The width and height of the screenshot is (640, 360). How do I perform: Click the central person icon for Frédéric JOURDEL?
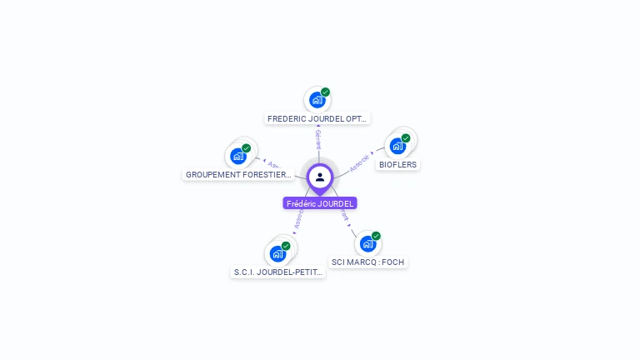pos(320,177)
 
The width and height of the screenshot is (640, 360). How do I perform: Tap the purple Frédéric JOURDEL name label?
pos(320,203)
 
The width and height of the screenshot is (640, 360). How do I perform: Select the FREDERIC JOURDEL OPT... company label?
pos(317,118)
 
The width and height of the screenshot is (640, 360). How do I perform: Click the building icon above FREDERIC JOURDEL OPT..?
pos(317,100)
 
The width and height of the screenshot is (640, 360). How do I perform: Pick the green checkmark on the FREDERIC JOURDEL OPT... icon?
pos(325,92)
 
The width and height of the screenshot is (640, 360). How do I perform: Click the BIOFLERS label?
pos(397,164)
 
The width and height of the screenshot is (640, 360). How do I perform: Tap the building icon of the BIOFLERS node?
pos(397,146)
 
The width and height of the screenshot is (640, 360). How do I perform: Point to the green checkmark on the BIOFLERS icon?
pos(406,138)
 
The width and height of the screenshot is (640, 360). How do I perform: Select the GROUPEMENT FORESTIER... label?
pos(238,175)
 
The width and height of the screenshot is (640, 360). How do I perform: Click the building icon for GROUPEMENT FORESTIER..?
pos(238,156)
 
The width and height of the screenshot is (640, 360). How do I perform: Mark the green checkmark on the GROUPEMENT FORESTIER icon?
pos(247,148)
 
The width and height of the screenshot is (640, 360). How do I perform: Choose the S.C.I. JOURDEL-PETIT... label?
pos(277,272)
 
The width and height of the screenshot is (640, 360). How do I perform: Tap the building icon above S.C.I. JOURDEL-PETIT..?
pos(277,253)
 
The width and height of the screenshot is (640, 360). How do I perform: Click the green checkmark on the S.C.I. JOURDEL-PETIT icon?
pos(286,246)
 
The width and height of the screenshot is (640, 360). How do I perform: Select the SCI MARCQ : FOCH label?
pos(367,262)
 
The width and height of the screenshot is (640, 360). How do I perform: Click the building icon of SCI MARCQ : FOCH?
pos(367,243)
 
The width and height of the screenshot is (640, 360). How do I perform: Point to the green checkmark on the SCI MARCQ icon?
pos(376,236)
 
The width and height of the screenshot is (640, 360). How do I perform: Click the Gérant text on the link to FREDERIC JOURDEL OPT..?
pos(318,139)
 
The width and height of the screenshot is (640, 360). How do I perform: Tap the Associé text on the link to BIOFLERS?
pos(359,162)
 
